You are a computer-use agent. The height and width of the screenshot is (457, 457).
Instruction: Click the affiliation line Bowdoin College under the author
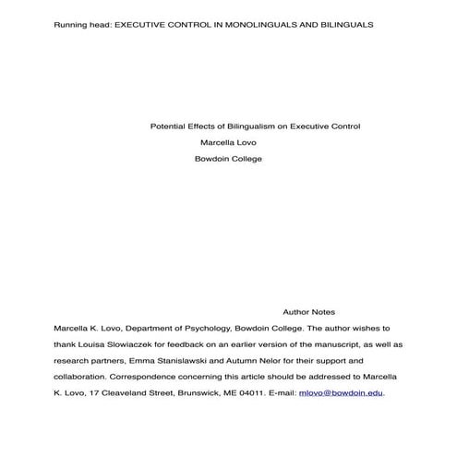(228, 159)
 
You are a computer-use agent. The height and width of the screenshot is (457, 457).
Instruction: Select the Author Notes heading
(308, 312)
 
